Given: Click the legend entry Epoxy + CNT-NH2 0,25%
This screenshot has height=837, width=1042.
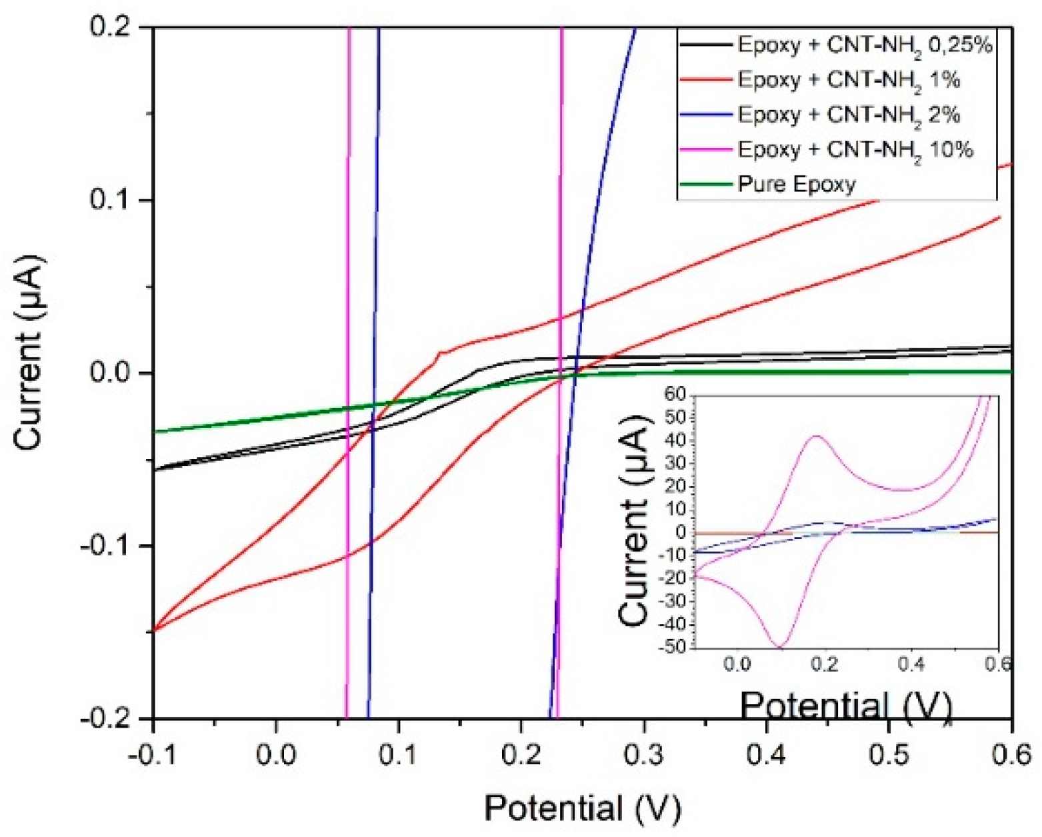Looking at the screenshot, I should (x=864, y=45).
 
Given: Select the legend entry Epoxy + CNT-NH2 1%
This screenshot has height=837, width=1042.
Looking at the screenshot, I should (x=848, y=80).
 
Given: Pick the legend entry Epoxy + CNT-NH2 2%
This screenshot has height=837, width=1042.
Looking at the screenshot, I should (x=848, y=115).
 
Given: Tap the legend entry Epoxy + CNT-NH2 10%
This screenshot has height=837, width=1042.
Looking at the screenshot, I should (x=855, y=149).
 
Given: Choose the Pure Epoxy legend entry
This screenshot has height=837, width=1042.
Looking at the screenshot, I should (x=796, y=184).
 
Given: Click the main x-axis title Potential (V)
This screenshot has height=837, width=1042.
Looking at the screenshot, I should (x=582, y=808).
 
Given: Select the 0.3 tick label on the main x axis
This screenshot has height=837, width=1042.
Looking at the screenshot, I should (x=644, y=754).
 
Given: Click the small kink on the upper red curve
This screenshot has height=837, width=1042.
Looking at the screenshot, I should (x=439, y=354).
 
